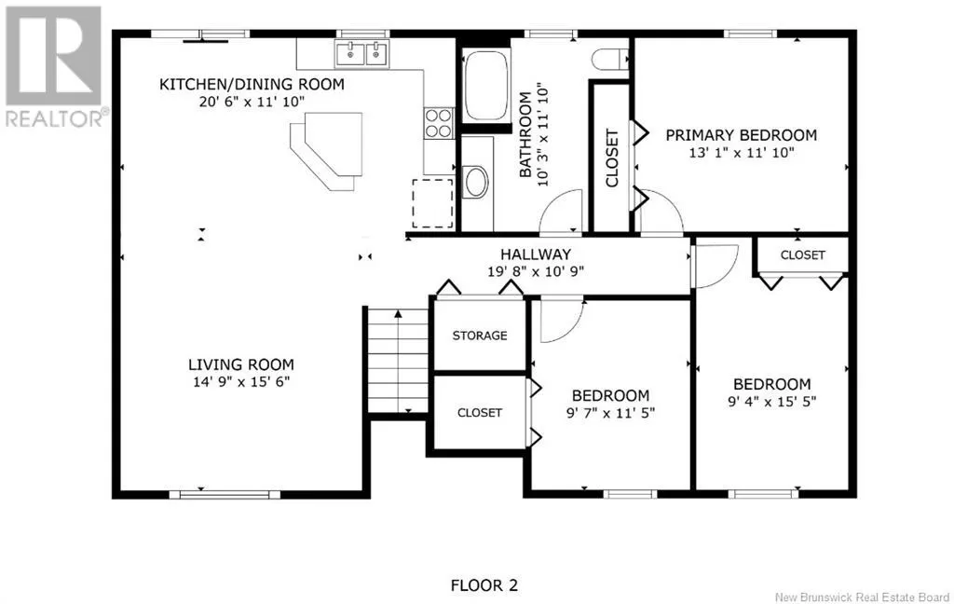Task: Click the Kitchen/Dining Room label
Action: point(252,84)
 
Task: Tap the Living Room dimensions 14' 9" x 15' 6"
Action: point(241,382)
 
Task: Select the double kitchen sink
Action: point(362,53)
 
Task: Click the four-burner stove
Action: point(439,123)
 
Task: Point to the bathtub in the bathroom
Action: point(486,86)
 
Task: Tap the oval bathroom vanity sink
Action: point(475,182)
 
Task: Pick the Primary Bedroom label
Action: point(741,134)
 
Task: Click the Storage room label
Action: point(480,336)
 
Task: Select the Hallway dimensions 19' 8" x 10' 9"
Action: point(536,271)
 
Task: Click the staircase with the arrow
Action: point(398,361)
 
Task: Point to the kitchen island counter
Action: point(327,151)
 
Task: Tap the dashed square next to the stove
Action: point(432,203)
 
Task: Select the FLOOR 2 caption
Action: point(484,585)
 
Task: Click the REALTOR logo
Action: point(53,67)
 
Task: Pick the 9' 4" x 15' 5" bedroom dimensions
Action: point(772,401)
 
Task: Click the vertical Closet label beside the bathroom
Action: point(612,158)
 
